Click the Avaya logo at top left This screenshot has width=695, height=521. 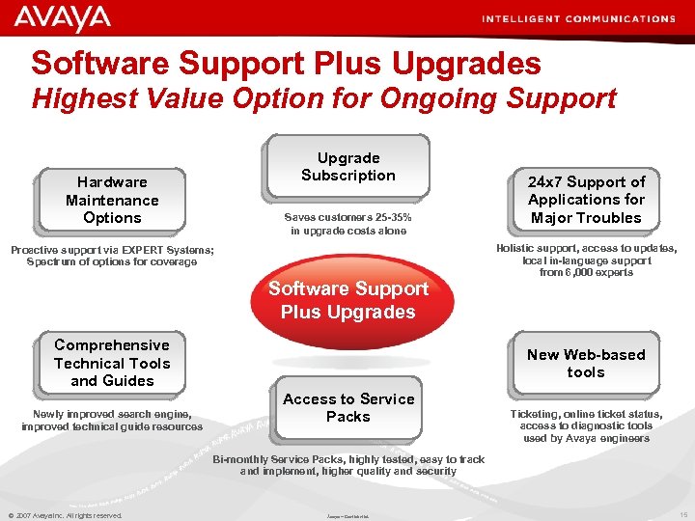[x=63, y=17]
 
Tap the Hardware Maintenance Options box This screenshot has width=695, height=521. [x=112, y=200]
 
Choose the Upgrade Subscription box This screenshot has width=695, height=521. [x=348, y=167]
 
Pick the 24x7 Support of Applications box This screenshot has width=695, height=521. [x=586, y=200]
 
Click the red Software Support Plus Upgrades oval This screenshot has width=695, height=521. [x=348, y=300]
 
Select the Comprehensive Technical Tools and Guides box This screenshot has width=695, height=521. [x=112, y=363]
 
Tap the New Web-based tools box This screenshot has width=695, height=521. [x=586, y=363]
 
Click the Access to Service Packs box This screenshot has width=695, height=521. [x=348, y=407]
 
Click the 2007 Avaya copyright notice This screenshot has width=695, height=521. [x=66, y=515]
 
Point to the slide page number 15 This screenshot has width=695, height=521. [x=682, y=515]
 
